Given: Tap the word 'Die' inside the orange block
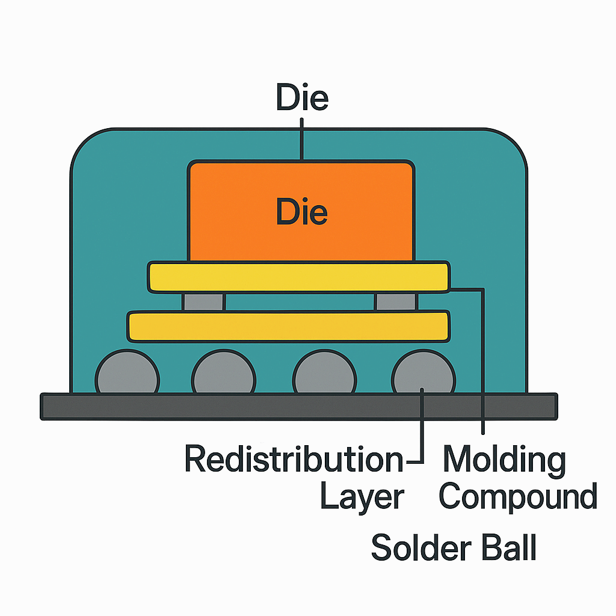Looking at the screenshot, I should (x=302, y=212).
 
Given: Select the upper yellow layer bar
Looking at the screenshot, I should (x=299, y=277).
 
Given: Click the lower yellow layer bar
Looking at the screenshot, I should (x=289, y=325).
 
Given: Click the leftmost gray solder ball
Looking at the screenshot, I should (x=128, y=374).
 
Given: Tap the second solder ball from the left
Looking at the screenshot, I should (x=223, y=374).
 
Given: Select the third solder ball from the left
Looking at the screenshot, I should (x=324, y=374).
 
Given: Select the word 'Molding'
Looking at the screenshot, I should (x=504, y=460).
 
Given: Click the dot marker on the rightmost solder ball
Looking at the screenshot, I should (x=423, y=390).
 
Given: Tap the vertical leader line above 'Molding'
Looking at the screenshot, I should (x=483, y=361).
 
